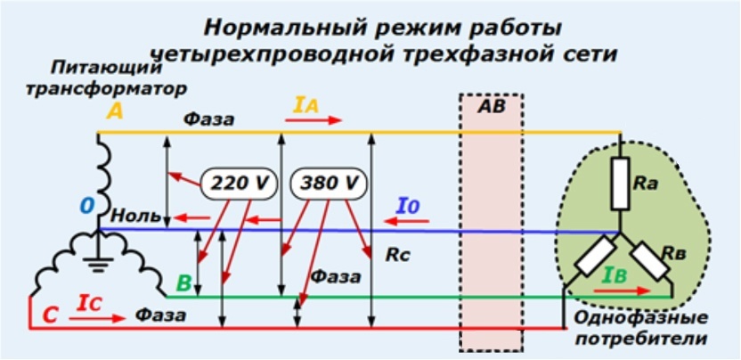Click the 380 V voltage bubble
pos(329,183)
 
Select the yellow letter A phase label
pos(115,111)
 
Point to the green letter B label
pos(183,284)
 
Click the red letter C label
pos(51,313)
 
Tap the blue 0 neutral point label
pos(86,207)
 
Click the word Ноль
pos(135,216)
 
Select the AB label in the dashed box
pos(491,108)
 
